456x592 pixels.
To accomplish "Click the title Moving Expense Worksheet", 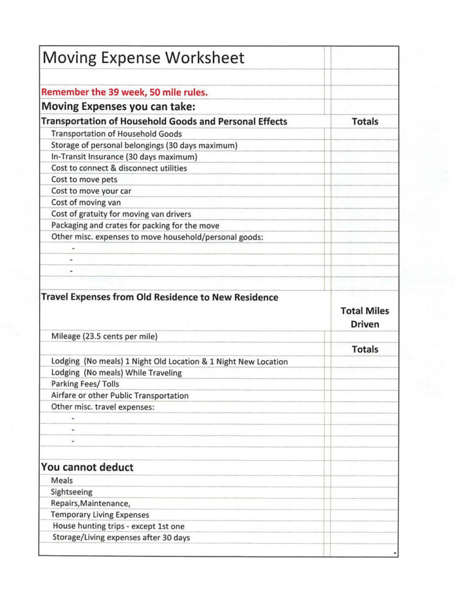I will coord(143,59).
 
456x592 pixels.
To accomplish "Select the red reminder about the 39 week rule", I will coord(124,93).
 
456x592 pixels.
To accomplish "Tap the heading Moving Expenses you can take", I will coord(118,107).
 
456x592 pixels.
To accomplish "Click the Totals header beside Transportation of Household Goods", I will coord(365,121).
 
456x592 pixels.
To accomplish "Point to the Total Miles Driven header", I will coord(364,317).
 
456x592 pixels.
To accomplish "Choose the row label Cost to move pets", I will coord(84,179).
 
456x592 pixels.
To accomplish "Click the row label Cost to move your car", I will coord(91,191).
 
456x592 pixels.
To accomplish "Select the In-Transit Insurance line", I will coord(124,157).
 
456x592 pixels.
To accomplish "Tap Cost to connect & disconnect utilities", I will coord(119,168).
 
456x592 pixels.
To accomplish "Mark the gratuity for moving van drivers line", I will coord(121,214).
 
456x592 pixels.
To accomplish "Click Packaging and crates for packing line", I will coord(135,225).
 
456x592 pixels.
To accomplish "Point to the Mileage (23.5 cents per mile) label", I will coord(105,336).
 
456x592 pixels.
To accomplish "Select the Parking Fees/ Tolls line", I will coord(85,384).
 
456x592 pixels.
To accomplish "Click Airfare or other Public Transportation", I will coord(120,395).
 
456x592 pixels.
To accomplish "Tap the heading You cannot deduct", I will coord(87,467).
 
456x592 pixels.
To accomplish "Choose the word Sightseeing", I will coord(72,492).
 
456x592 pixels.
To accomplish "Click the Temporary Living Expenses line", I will coord(100,514).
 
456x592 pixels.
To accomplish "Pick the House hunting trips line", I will coord(118,526).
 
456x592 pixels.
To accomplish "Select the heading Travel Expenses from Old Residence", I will coord(159,297).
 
